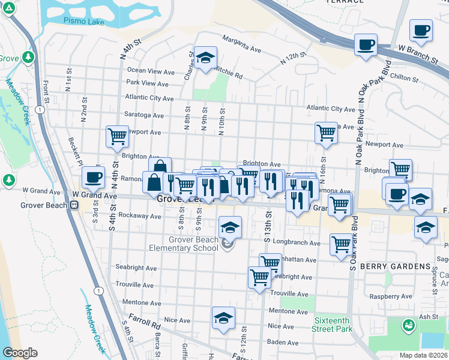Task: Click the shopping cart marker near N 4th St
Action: point(117,136)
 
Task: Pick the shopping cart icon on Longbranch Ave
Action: point(341,244)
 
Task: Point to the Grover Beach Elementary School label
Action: point(185,244)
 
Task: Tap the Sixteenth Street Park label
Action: point(332,325)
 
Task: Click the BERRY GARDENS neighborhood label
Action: point(396,266)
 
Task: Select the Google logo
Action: point(20,353)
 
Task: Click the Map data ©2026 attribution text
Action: point(424,355)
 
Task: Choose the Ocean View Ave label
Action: point(151,71)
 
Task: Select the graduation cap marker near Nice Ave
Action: point(223,318)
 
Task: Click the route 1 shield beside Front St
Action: point(38,110)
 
